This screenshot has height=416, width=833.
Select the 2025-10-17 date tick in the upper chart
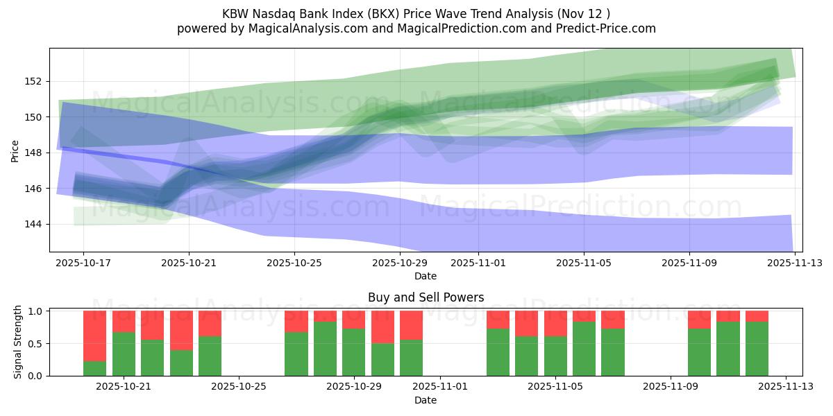(83, 263)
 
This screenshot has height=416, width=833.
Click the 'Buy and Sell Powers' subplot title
(426, 297)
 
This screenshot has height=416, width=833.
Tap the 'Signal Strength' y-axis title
(18, 343)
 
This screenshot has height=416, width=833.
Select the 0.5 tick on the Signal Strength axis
(36, 344)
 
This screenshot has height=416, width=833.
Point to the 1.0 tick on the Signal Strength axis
(36, 311)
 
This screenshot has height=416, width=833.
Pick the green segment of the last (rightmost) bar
(757, 349)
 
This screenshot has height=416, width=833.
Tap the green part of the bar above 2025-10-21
(124, 354)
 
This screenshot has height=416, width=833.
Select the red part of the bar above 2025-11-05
(555, 323)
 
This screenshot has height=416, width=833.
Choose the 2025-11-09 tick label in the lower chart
(671, 386)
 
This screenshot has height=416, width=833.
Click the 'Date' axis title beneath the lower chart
(426, 400)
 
